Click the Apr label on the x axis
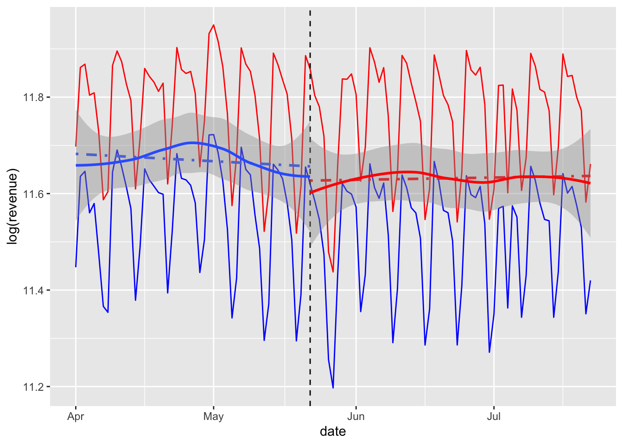pos(76,416)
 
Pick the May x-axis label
pos(213,416)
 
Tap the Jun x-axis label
pos(356,416)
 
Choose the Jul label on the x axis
pos(494,416)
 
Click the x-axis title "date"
pos(333,432)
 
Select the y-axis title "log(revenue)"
pos(13,207)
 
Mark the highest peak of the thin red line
pos(213,25)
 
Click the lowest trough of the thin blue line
pos(333,388)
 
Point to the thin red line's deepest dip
pos(333,272)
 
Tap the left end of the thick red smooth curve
pos(311,192)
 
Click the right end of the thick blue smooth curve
pos(309,177)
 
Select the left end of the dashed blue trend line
pos(76,154)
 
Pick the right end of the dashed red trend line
pos(590,176)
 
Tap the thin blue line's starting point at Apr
pos(76,267)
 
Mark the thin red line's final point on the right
pos(590,165)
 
